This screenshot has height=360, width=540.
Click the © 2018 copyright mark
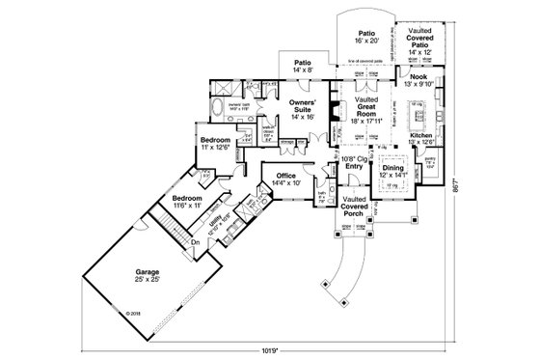point(133,314)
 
